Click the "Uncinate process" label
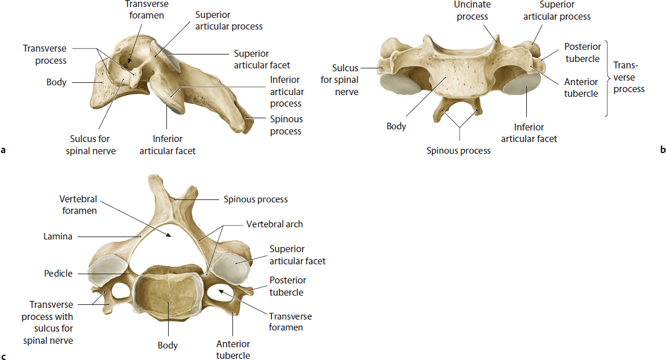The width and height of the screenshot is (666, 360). tap(472, 10)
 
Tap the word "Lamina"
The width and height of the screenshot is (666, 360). tap(57, 237)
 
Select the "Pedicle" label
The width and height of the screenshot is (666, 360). tap(59, 273)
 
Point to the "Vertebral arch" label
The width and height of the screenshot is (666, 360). tap(274, 224)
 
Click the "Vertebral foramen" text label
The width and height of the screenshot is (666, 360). tap(78, 205)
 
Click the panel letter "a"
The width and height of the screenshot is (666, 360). tap(4, 151)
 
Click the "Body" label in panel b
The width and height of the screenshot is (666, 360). tap(396, 126)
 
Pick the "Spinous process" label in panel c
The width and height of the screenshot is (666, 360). tap(256, 199)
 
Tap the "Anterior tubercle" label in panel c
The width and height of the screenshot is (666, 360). tap(233, 350)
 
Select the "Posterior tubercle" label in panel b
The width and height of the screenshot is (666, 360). tap(582, 53)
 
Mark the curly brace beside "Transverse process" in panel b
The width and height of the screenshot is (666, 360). tap(608, 78)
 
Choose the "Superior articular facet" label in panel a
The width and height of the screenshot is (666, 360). tap(262, 60)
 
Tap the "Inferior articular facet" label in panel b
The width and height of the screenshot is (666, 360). tap(529, 133)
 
